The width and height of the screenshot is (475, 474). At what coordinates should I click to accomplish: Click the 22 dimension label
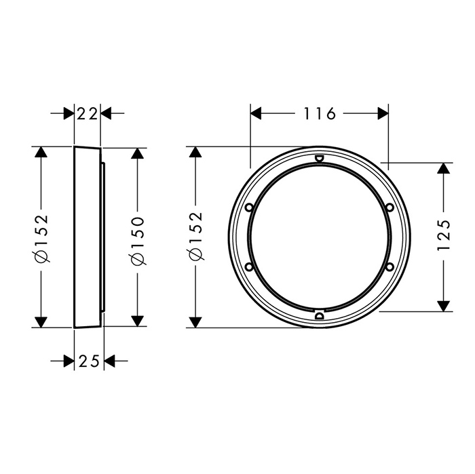click(88, 114)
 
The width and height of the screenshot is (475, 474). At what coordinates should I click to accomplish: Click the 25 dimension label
click(89, 361)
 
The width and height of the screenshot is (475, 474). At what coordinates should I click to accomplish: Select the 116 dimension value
click(320, 113)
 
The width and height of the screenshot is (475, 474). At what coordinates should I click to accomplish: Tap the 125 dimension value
click(444, 235)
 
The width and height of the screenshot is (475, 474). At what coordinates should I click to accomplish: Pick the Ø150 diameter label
click(138, 241)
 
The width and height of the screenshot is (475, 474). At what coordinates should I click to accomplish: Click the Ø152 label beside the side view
click(41, 238)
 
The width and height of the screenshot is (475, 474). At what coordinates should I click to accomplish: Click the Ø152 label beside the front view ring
click(195, 236)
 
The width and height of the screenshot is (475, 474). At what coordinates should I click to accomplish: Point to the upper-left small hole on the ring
click(249, 208)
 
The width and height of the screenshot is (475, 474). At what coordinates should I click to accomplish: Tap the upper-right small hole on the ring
click(390, 208)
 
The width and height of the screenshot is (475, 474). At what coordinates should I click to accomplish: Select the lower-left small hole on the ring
click(249, 266)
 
